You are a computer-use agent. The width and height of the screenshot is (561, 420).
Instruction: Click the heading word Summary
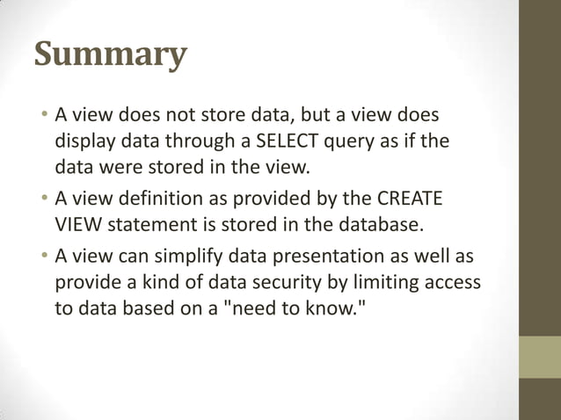[x=111, y=54]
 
